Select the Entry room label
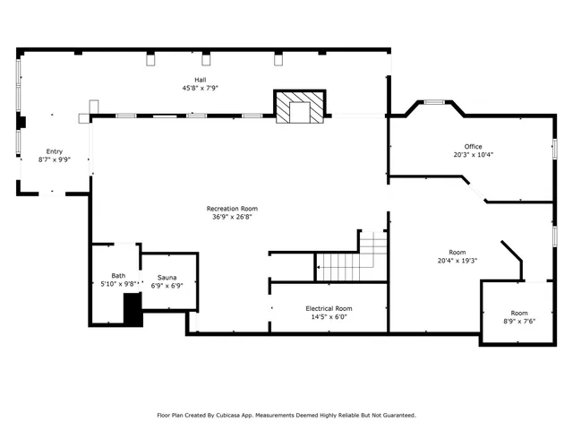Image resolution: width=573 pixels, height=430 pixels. click(54, 151)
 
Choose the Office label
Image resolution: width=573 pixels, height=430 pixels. click(473, 146)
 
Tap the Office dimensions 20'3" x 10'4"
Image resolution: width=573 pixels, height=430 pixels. click(473, 154)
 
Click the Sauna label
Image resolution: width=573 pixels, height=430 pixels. click(168, 278)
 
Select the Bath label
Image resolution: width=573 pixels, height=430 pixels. click(118, 275)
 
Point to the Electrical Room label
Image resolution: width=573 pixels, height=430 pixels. click(329, 308)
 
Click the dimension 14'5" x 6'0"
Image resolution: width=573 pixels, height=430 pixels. click(329, 316)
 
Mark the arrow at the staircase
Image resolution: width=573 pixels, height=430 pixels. click(318, 266)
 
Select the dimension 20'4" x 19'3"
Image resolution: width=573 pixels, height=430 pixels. click(458, 261)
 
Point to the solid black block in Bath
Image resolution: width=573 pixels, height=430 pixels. click(133, 310)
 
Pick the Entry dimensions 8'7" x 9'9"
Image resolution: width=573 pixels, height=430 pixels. click(54, 159)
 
